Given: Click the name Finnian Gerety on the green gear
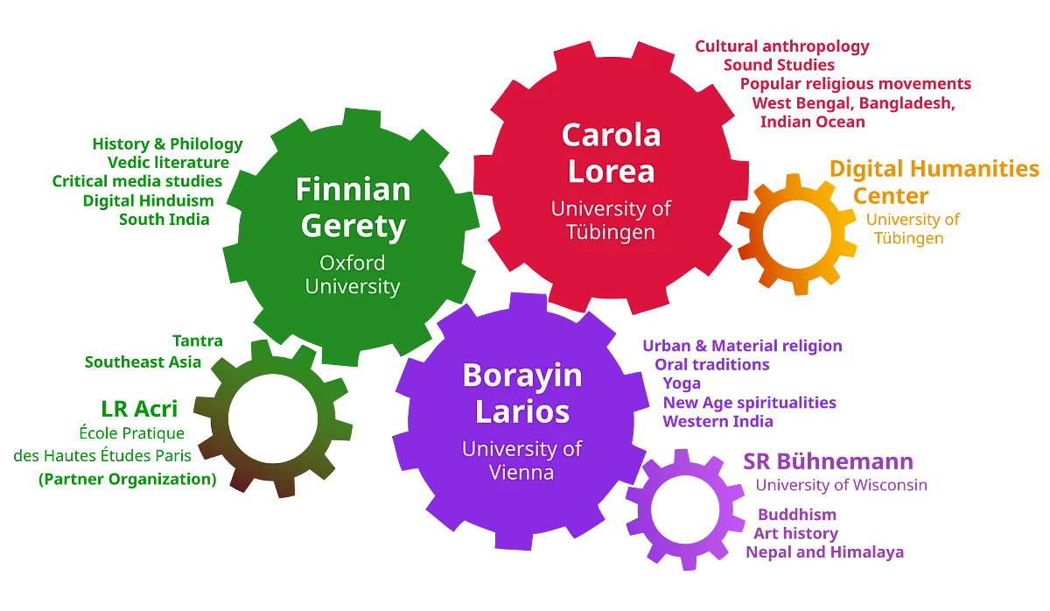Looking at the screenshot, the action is coord(353,207).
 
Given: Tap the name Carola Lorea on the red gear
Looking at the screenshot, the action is coord(612,153).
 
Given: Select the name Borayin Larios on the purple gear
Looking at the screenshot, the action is coord(522,393).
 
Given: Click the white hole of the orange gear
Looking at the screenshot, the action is coord(797,235).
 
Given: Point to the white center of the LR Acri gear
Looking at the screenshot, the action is coord(273,418).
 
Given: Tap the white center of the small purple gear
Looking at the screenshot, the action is coord(685,509).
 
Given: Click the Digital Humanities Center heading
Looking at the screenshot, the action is coord(934,182).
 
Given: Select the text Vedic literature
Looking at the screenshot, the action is coord(168,162).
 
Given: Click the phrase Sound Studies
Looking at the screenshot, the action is coord(779,65).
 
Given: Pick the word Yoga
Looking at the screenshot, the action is coord(682,383).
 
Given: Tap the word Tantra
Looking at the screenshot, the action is coord(198,341).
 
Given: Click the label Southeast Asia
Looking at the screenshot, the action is coord(143,362).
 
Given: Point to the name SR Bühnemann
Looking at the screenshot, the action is coord(829,461).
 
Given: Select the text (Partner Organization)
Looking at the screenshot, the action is coord(128,479).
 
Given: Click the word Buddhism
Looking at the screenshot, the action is coord(797,515).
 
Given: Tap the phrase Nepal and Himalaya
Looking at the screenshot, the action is coord(825,552).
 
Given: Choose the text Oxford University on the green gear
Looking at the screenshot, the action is coord(353,275).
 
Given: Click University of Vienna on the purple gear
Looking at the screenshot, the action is coord(521,460).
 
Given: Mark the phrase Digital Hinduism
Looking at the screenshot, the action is coord(148,200).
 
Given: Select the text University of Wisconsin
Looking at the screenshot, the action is coord(842,485).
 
